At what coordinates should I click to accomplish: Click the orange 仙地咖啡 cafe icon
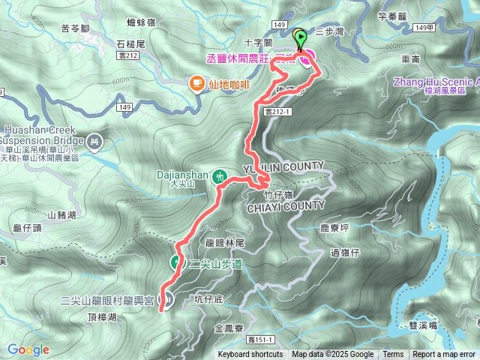(x=197, y=84)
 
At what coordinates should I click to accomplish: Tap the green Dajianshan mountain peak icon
(x=219, y=176)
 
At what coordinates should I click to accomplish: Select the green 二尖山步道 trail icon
(x=176, y=262)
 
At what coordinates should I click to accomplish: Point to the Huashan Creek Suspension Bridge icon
(x=94, y=140)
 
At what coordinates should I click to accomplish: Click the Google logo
(x=28, y=349)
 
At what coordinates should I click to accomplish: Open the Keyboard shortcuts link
(x=250, y=355)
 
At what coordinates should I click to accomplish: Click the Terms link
(x=393, y=355)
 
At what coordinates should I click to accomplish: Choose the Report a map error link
(x=445, y=355)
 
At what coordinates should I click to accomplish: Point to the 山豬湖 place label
(x=61, y=215)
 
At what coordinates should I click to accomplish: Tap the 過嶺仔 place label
(x=346, y=253)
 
